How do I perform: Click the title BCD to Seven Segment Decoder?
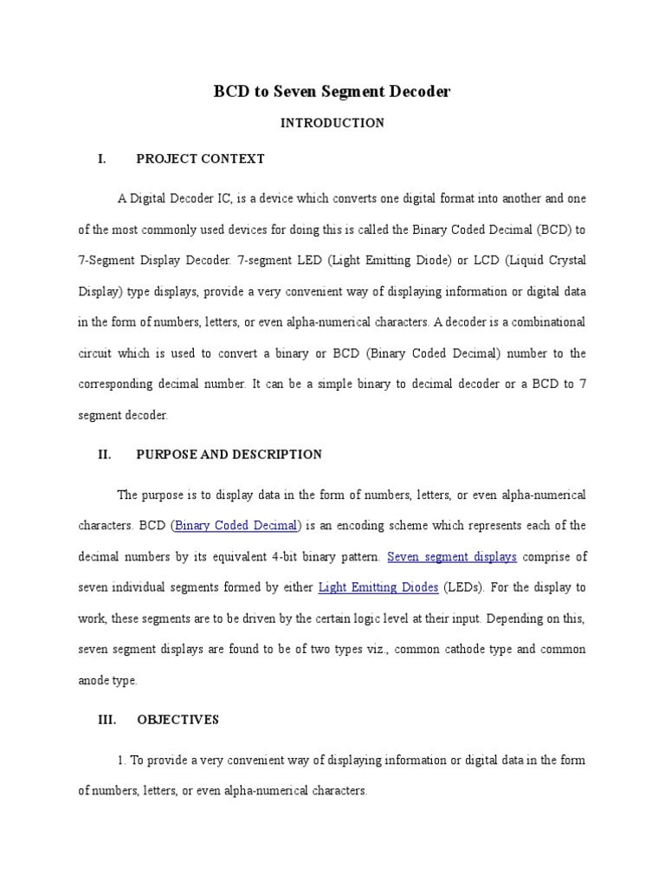click(332, 91)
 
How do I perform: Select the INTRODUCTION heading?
click(332, 123)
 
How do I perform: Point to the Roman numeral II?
click(105, 455)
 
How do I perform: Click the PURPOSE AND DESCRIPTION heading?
click(229, 455)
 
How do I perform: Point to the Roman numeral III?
click(107, 720)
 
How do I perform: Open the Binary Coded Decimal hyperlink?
click(236, 526)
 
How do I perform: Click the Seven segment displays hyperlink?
click(451, 556)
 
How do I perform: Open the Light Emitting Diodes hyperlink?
click(378, 587)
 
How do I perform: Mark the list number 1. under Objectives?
click(121, 761)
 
